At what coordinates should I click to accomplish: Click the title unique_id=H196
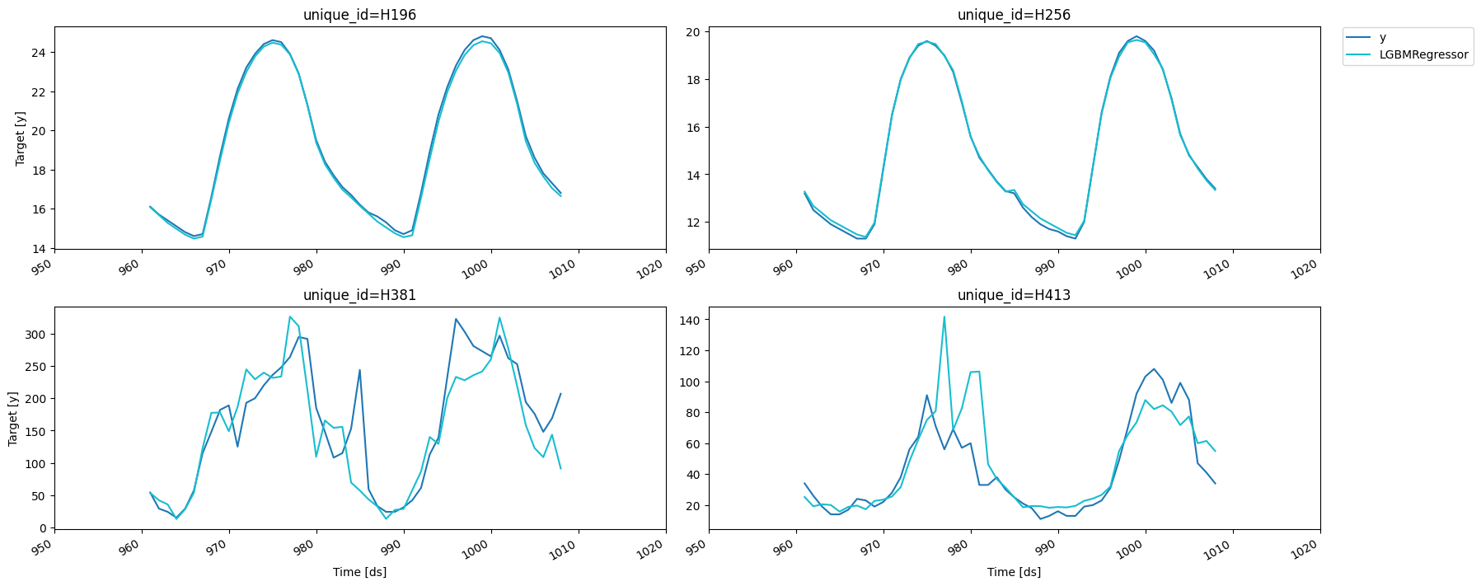click(359, 15)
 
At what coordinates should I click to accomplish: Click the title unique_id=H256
click(1014, 15)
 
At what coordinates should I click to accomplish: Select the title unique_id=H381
click(359, 295)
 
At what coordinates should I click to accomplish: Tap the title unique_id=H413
click(1014, 295)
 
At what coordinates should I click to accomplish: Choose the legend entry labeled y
click(1383, 38)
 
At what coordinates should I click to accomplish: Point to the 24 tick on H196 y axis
click(40, 53)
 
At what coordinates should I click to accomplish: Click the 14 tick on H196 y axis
click(40, 249)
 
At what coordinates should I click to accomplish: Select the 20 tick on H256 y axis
click(693, 32)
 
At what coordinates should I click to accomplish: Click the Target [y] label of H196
click(21, 138)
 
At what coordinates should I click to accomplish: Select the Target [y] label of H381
click(13, 418)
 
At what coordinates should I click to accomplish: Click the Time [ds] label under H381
click(359, 572)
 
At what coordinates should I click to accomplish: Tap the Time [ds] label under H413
click(1014, 572)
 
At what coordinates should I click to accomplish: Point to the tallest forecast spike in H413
click(944, 317)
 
